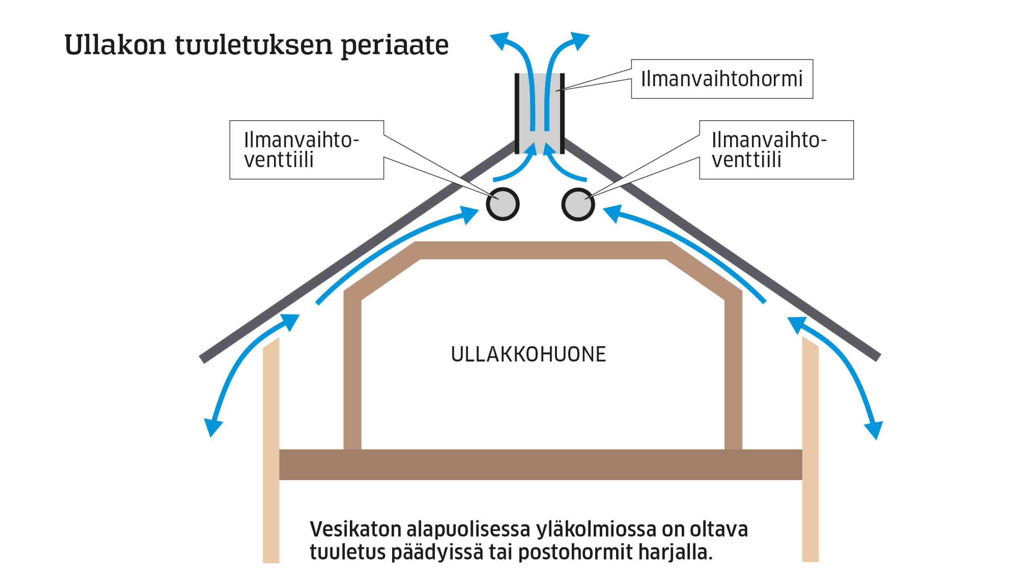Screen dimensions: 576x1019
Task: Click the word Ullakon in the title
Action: (x=115, y=45)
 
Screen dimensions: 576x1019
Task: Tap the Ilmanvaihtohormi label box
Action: (x=722, y=79)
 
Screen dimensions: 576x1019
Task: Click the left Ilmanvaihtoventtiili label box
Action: (x=306, y=150)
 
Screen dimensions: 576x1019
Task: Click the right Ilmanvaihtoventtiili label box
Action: (x=776, y=150)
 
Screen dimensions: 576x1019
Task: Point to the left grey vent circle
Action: (x=502, y=204)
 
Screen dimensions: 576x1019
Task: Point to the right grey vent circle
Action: (x=578, y=204)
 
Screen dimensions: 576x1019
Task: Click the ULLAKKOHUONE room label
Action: (x=528, y=354)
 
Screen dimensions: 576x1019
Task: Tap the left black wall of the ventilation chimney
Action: (x=517, y=113)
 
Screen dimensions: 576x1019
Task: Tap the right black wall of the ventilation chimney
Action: (x=562, y=113)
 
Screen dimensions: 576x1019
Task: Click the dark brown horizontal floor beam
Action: (x=540, y=464)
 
